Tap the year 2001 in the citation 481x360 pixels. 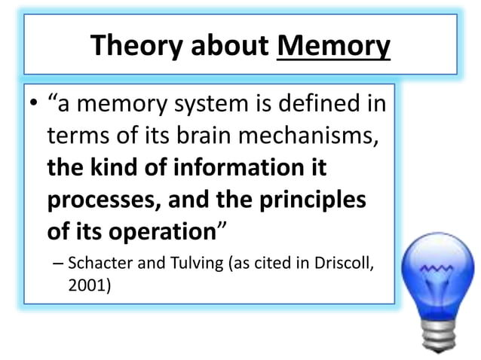87,285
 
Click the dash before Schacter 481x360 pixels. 58,264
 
